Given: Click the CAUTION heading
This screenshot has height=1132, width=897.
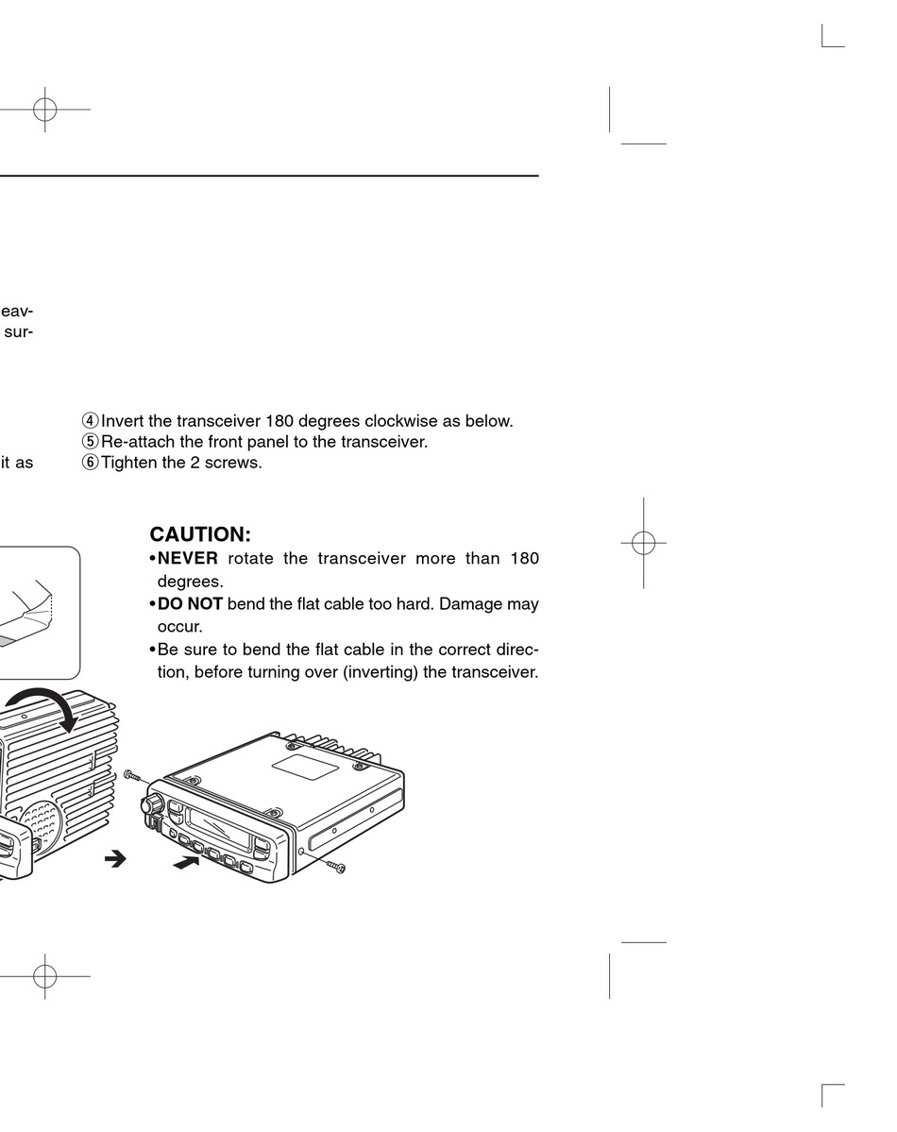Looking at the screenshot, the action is pos(200,535).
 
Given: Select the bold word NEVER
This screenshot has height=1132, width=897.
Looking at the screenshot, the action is pos(187,558).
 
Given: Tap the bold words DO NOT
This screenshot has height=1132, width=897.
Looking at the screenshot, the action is pos(190,603).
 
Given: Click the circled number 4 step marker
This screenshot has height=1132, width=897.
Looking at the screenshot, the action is pos(91,421).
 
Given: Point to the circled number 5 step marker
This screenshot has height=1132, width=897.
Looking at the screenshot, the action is pos(91,442).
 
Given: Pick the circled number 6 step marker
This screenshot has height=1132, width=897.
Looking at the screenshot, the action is pos(91,463).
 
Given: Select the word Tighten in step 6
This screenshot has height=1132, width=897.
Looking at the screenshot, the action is pos(129,463).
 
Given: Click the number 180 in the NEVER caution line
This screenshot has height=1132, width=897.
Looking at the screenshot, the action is pos(524,558).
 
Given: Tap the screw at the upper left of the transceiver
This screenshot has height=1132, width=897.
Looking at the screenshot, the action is pos(132,774).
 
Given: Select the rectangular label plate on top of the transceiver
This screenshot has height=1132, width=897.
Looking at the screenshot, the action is pos(306,765).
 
